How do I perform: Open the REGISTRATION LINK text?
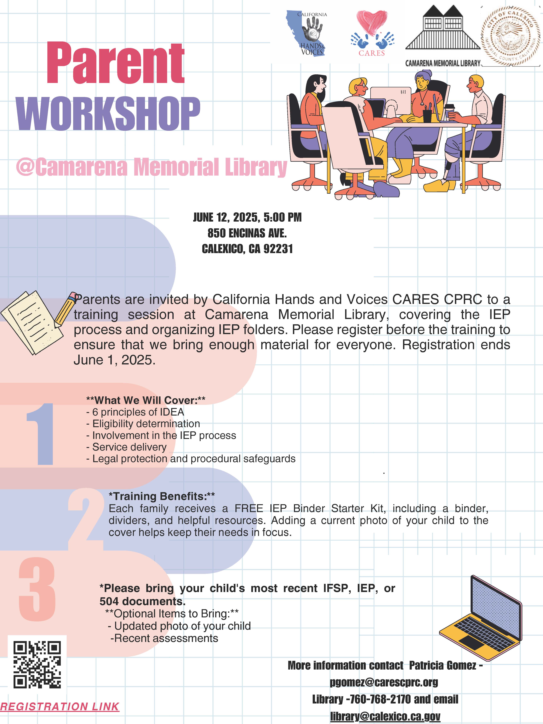click(60, 706)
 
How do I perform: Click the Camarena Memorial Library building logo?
click(443, 35)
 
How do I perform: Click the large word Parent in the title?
click(116, 63)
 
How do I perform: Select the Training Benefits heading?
click(162, 497)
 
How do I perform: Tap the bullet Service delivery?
click(126, 447)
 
